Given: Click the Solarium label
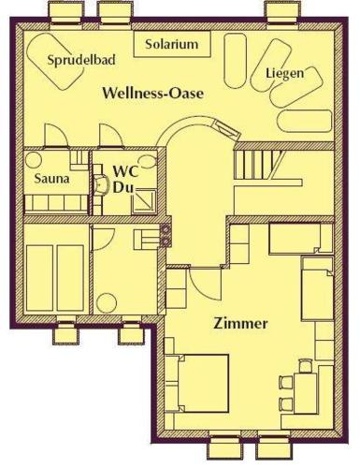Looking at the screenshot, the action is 172,44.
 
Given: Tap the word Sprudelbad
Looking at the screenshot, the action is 81,59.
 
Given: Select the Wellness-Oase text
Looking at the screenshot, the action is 153,93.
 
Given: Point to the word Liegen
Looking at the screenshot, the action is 284,73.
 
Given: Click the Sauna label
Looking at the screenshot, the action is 51,179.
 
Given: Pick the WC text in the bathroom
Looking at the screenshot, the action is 125,172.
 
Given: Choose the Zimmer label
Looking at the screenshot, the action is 240,323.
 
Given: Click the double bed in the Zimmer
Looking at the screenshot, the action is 203,383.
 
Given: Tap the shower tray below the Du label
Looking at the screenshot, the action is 144,202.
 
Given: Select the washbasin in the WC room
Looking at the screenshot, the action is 100,185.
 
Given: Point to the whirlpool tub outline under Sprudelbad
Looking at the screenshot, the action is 55,61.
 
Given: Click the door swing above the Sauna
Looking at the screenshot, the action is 56,135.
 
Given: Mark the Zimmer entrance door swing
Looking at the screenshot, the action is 204,284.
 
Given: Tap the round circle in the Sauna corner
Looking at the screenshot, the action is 34,160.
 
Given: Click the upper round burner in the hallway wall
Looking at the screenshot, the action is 166,229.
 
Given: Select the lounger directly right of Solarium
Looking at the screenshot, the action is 235,61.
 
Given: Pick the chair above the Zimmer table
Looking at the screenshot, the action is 305,366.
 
